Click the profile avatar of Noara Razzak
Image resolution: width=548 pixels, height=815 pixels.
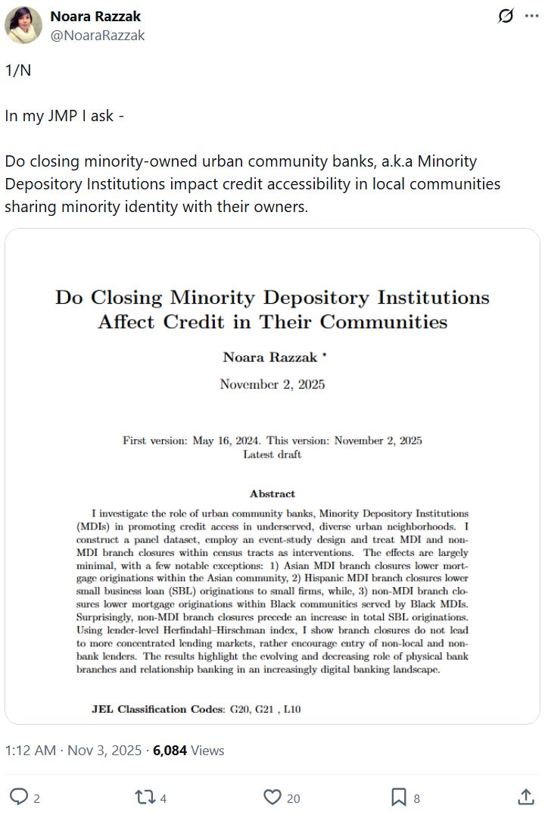tap(23, 25)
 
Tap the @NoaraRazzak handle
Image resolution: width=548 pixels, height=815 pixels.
tap(98, 35)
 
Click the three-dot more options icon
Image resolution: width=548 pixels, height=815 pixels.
tap(531, 16)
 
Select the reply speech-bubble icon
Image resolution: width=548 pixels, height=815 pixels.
tap(19, 797)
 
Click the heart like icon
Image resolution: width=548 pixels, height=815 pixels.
tap(272, 797)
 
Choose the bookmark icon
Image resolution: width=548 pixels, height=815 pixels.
tap(399, 797)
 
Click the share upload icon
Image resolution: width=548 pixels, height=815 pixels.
tap(525, 797)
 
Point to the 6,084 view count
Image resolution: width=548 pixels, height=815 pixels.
tap(171, 751)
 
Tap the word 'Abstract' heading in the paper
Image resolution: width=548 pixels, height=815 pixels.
tap(272, 494)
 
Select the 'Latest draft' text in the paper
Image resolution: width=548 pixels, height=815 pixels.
tap(272, 454)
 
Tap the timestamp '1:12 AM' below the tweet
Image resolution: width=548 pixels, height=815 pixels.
tap(30, 751)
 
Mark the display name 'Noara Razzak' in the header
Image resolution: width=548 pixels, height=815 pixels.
tap(95, 16)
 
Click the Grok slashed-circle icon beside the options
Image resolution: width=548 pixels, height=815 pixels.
tap(506, 16)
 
